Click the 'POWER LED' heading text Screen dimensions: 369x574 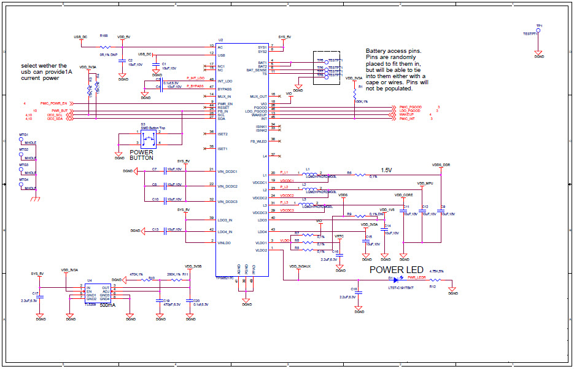tap(396, 270)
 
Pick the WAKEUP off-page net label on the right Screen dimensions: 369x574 tap(406, 114)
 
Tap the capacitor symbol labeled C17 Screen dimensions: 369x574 tap(41, 294)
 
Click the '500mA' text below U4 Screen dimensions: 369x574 tap(108, 304)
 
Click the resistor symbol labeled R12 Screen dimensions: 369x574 tap(433, 280)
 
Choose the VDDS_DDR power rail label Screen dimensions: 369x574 tap(441, 165)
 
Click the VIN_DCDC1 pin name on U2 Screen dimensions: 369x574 tap(227, 172)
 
